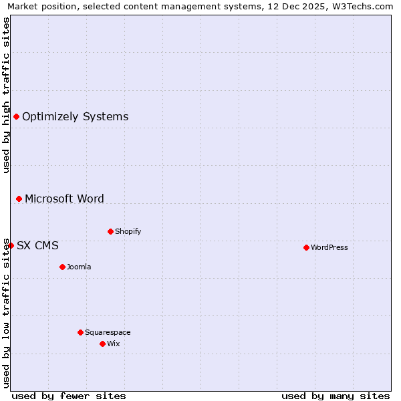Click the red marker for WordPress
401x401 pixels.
pyautogui.click(x=306, y=247)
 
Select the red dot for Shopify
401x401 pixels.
pyautogui.click(x=110, y=231)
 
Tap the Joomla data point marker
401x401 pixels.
pyautogui.click(x=62, y=267)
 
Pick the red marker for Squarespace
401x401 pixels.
pyautogui.click(x=80, y=332)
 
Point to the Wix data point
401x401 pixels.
pyautogui.click(x=102, y=344)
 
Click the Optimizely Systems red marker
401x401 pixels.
pyautogui.click(x=16, y=116)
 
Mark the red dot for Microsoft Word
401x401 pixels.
pyautogui.click(x=19, y=198)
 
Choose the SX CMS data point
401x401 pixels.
pyautogui.click(x=11, y=245)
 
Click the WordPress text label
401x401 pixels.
pyautogui.click(x=329, y=247)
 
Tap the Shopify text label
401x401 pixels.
pyautogui.click(x=128, y=231)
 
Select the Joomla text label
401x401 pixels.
pyautogui.click(x=79, y=267)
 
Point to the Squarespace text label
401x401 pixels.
pyautogui.click(x=108, y=332)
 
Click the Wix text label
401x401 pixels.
pyautogui.click(x=114, y=344)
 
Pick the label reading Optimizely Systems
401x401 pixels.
pyautogui.click(x=76, y=116)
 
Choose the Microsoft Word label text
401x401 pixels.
pyautogui.click(x=64, y=198)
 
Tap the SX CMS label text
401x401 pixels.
pyautogui.click(x=37, y=245)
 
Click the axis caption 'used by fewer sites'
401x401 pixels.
pyautogui.click(x=69, y=396)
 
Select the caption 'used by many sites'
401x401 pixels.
pyautogui.click(x=336, y=396)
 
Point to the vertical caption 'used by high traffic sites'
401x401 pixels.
pyautogui.click(x=6, y=94)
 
